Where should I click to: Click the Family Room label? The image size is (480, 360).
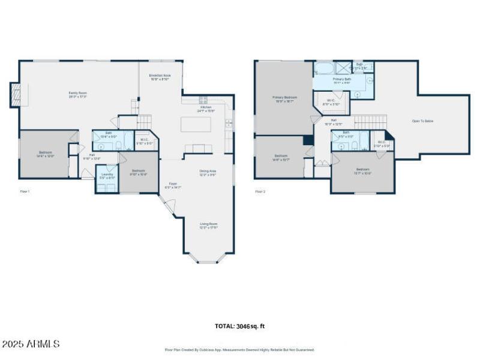click(78, 94)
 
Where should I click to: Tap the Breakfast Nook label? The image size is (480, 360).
click(160, 77)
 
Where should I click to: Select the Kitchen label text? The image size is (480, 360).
click(206, 109)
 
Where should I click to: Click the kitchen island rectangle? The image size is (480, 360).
click(196, 124)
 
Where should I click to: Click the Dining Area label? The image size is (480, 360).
click(208, 172)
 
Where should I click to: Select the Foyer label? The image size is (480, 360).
click(173, 185)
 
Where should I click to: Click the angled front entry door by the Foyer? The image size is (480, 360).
click(169, 207)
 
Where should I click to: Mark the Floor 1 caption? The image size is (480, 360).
click(25, 191)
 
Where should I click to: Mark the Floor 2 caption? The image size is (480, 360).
click(260, 191)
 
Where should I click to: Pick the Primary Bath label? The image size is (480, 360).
click(342, 80)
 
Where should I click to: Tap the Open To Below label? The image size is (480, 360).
click(422, 121)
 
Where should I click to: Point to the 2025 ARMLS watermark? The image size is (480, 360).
click(31, 344)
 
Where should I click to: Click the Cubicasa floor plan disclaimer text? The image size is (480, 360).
click(239, 350)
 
